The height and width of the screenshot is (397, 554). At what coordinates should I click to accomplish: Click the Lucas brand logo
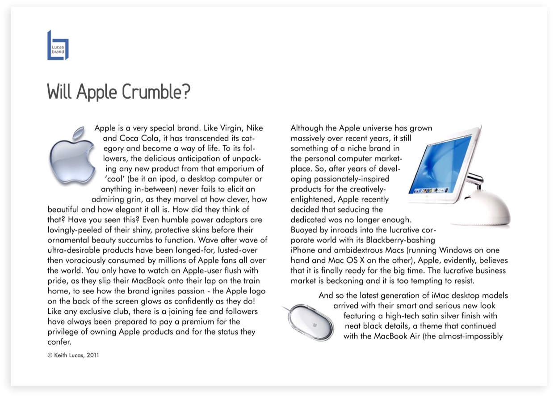pos(58,45)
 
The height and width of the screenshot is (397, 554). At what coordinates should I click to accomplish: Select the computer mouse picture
pos(310,321)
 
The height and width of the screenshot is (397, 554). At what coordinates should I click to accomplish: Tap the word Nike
pos(255,128)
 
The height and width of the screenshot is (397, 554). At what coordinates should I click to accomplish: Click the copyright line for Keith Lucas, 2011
pos(73,356)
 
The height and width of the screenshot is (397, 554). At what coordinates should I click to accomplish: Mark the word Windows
pos(455,250)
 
